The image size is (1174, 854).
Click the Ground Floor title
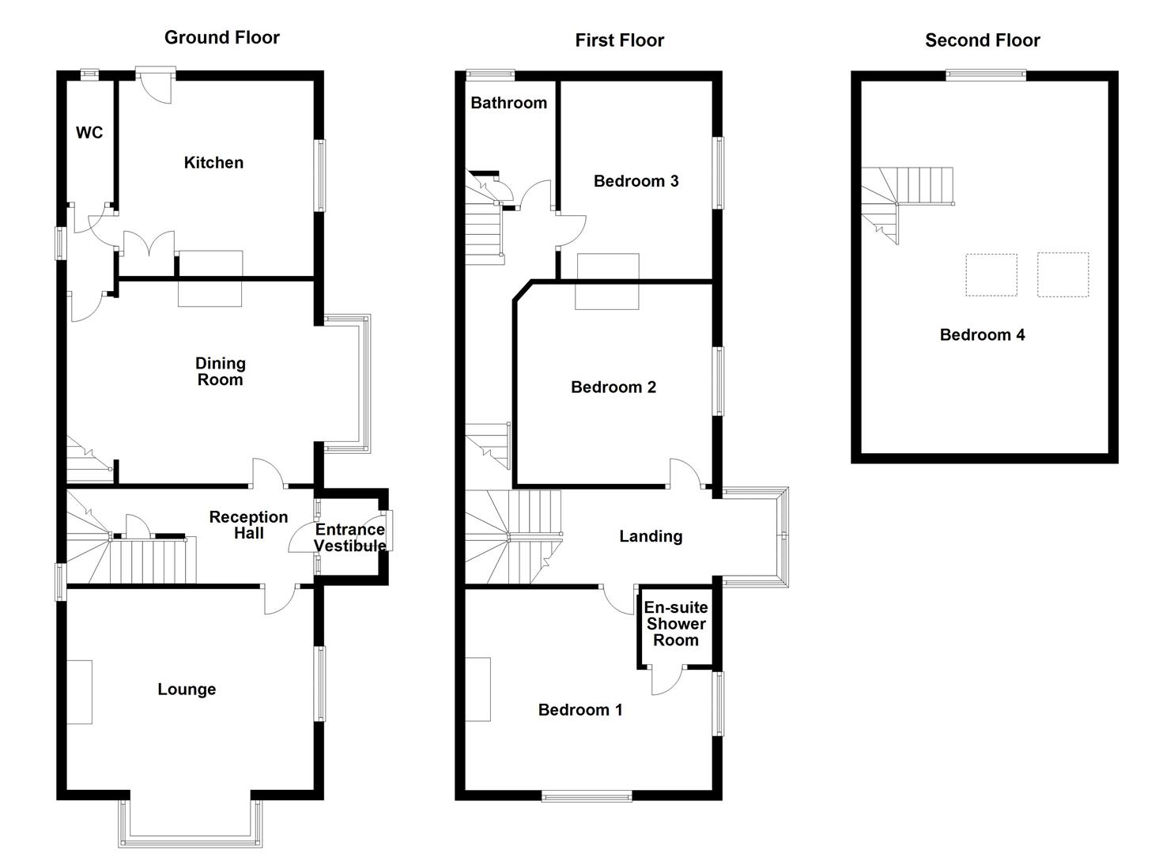pyautogui.click(x=221, y=37)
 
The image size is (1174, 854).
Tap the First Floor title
pyautogui.click(x=619, y=40)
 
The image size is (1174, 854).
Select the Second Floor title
pyautogui.click(x=982, y=40)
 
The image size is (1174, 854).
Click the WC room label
pyautogui.click(x=89, y=133)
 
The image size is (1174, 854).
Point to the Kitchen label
pyautogui.click(x=213, y=163)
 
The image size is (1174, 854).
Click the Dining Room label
pyautogui.click(x=221, y=372)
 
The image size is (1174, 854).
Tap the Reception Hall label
pyautogui.click(x=248, y=525)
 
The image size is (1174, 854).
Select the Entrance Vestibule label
pyautogui.click(x=350, y=538)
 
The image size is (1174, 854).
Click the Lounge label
pyautogui.click(x=187, y=690)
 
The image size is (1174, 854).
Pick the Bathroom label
pyautogui.click(x=508, y=103)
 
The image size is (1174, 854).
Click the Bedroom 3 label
pyautogui.click(x=636, y=181)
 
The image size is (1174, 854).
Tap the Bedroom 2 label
pyautogui.click(x=613, y=387)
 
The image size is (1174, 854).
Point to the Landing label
pyautogui.click(x=651, y=537)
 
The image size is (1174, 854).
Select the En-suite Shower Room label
pyautogui.click(x=676, y=624)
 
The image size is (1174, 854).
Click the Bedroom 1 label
pyautogui.click(x=580, y=710)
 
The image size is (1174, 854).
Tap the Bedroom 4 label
pyautogui.click(x=982, y=335)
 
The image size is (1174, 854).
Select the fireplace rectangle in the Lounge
pyautogui.click(x=79, y=692)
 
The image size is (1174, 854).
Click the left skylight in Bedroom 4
pyautogui.click(x=991, y=275)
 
